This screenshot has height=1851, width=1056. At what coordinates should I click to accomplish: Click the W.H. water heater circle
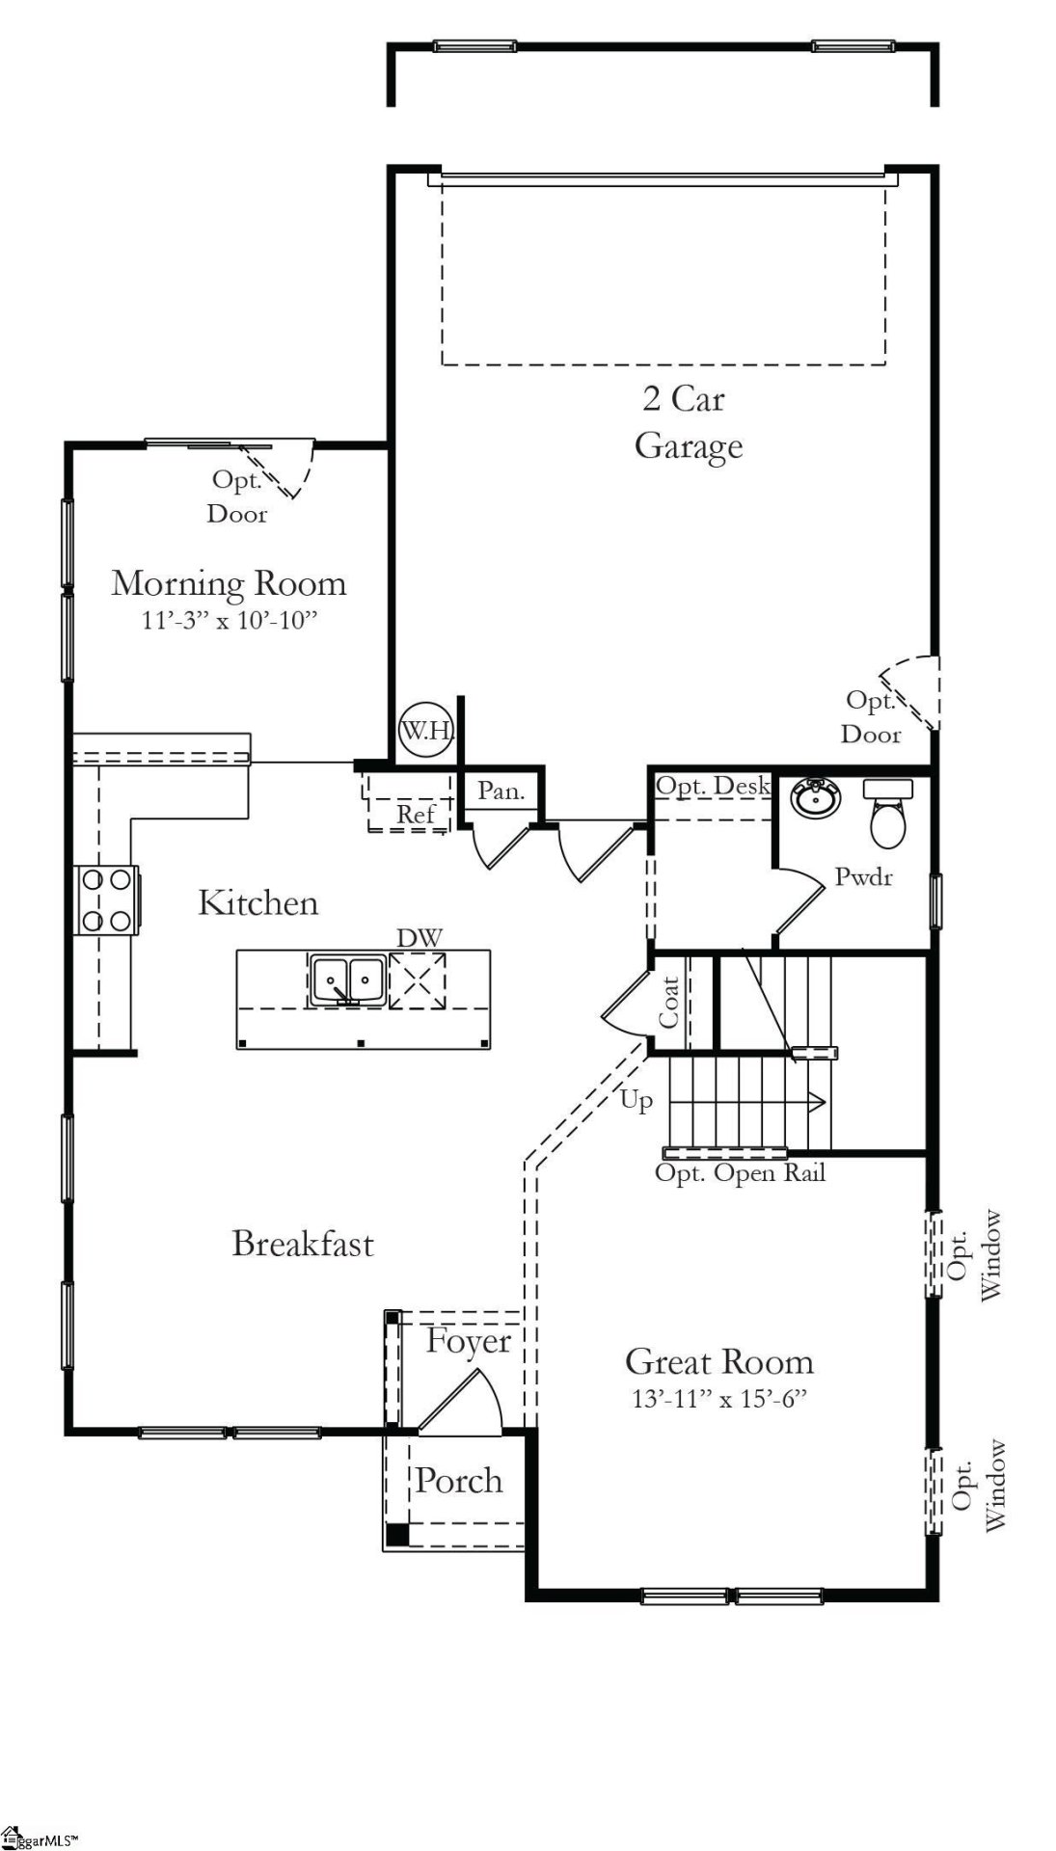pyautogui.click(x=426, y=730)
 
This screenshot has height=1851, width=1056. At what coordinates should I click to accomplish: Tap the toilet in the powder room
pyautogui.click(x=886, y=814)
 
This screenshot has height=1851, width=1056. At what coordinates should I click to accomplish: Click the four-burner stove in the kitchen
pyautogui.click(x=106, y=900)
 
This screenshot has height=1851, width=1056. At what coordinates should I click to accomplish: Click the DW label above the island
pyautogui.click(x=420, y=937)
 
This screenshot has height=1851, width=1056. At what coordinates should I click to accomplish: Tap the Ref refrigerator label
pyautogui.click(x=417, y=815)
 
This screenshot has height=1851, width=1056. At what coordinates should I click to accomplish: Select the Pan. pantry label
pyautogui.click(x=501, y=791)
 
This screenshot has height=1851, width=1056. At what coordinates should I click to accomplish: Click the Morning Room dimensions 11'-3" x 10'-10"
pyautogui.click(x=230, y=620)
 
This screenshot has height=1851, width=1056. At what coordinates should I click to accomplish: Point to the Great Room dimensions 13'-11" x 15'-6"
pyautogui.click(x=718, y=1399)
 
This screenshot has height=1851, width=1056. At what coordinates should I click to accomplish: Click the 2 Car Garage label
pyautogui.click(x=688, y=422)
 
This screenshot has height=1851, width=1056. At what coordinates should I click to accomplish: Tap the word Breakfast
pyautogui.click(x=303, y=1244)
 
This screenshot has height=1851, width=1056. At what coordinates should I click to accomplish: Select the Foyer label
pyautogui.click(x=469, y=1341)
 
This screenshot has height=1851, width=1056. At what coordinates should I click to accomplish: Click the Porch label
pyautogui.click(x=459, y=1481)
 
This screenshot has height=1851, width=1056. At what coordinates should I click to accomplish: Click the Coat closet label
pyautogui.click(x=669, y=1003)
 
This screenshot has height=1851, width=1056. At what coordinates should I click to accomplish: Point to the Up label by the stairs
pyautogui.click(x=636, y=1100)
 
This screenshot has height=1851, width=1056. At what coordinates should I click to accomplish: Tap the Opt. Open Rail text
pyautogui.click(x=740, y=1173)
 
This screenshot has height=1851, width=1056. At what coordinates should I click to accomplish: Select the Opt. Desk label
pyautogui.click(x=713, y=786)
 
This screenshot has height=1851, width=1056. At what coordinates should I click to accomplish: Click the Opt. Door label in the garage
pyautogui.click(x=871, y=717)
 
